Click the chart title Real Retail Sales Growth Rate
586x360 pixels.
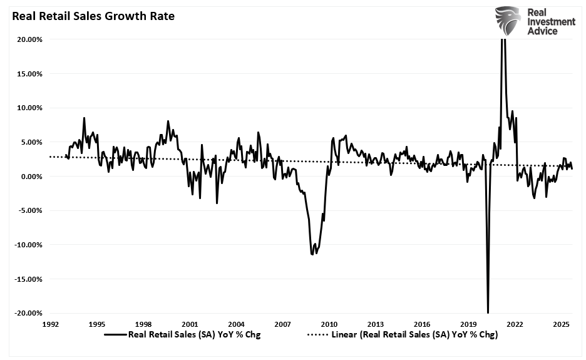(89, 16)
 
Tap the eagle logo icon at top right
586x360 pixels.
(508, 21)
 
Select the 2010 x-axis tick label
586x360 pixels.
(329, 324)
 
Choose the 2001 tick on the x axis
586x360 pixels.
(190, 324)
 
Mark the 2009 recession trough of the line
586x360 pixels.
(312, 254)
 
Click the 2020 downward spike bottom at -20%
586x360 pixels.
(488, 312)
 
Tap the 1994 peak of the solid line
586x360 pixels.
(84, 118)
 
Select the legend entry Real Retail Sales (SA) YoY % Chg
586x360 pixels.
(194, 334)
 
